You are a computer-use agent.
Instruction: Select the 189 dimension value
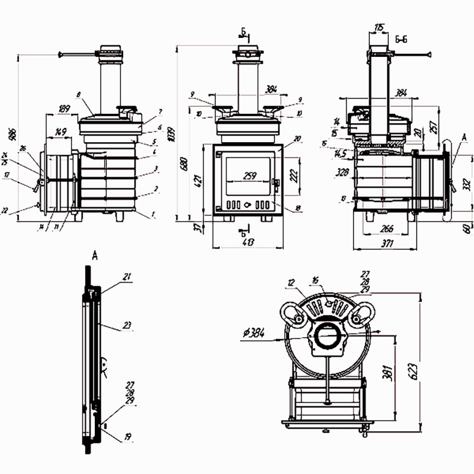pyautogui.click(x=64, y=108)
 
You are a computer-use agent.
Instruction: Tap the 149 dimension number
pyautogui.click(x=60, y=131)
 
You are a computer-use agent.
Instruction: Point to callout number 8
pyautogui.click(x=78, y=94)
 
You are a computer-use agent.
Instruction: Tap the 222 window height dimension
pyautogui.click(x=294, y=175)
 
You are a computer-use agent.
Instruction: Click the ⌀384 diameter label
pyautogui.click(x=254, y=334)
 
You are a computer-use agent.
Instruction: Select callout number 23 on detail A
pyautogui.click(x=126, y=325)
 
